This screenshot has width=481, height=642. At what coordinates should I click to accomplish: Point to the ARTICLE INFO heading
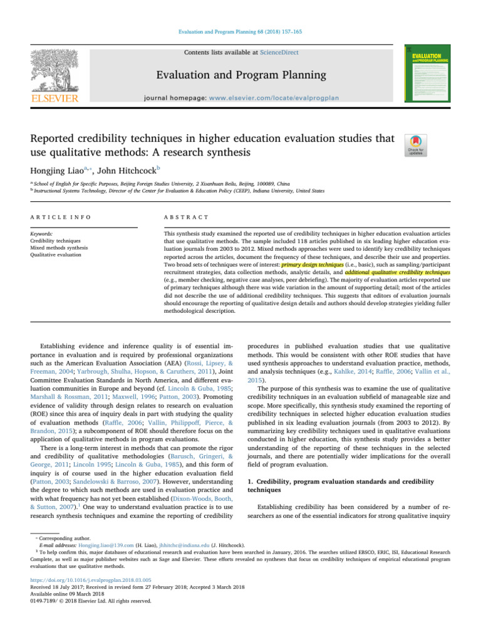click(x=62, y=217)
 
